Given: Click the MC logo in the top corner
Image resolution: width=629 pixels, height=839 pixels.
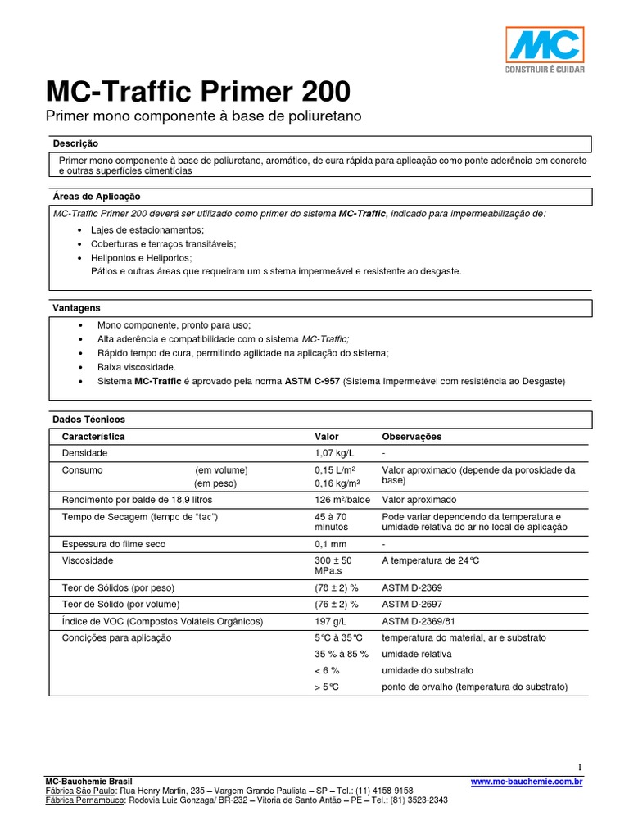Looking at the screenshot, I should pyautogui.click(x=544, y=48).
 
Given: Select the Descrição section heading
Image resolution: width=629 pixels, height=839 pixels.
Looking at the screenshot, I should pyautogui.click(x=75, y=143).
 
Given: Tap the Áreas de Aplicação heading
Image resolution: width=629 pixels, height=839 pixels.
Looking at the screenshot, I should pyautogui.click(x=97, y=197).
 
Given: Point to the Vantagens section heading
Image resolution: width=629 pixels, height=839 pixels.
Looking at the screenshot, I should pyautogui.click(x=76, y=308).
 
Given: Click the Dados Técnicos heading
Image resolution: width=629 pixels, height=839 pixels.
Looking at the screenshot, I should pyautogui.click(x=89, y=419).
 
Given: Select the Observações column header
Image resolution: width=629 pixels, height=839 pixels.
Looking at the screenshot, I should pyautogui.click(x=411, y=437).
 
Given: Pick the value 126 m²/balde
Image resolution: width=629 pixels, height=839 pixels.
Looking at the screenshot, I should pyautogui.click(x=342, y=500).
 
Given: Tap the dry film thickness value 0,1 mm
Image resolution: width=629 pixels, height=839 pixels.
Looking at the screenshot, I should pyautogui.click(x=330, y=544).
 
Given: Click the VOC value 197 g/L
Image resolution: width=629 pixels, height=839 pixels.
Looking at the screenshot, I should pyautogui.click(x=332, y=622).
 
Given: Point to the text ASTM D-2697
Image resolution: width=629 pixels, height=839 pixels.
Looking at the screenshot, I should pyautogui.click(x=413, y=605).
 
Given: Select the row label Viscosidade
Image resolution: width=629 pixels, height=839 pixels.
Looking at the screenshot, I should pyautogui.click(x=87, y=561).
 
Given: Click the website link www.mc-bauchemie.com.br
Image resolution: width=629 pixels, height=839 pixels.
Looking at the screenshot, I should pyautogui.click(x=527, y=782).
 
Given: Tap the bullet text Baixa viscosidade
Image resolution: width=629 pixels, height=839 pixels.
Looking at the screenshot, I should pyautogui.click(x=137, y=367).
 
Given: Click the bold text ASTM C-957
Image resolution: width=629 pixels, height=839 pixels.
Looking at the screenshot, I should pyautogui.click(x=312, y=382).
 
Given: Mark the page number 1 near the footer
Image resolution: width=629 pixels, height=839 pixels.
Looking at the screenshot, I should pyautogui.click(x=580, y=767).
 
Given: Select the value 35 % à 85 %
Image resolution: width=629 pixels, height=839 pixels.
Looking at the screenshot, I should pyautogui.click(x=341, y=654).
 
